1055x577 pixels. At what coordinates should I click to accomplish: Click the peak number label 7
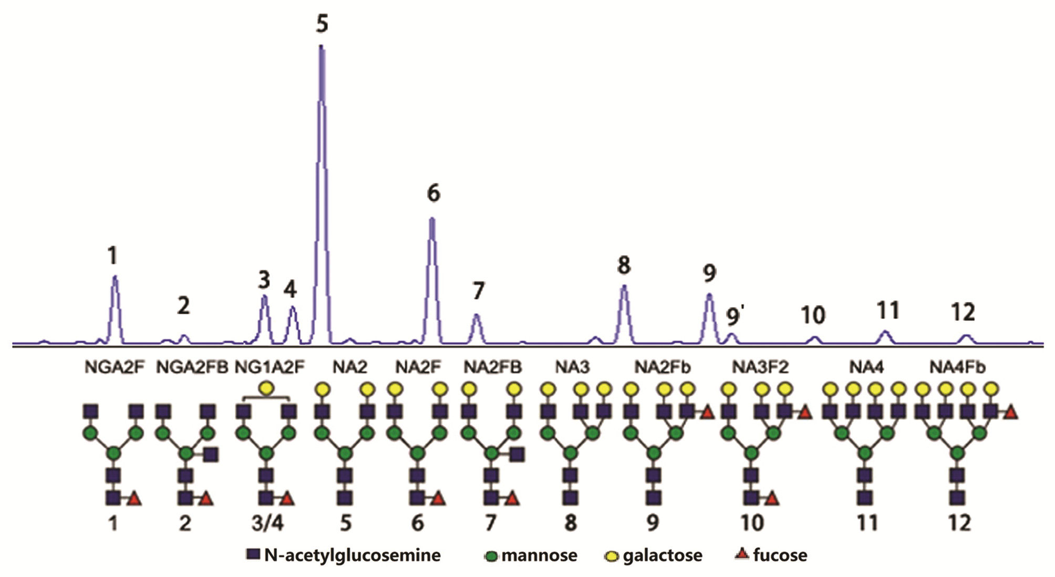pyautogui.click(x=478, y=291)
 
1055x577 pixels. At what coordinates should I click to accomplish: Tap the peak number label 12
pyautogui.click(x=964, y=313)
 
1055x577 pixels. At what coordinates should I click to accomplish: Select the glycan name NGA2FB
pyautogui.click(x=192, y=368)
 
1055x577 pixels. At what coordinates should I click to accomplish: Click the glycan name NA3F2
pyautogui.click(x=760, y=368)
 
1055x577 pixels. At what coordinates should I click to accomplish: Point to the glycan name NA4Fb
pyautogui.click(x=957, y=368)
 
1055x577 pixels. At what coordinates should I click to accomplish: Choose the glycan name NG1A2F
pyautogui.click(x=270, y=368)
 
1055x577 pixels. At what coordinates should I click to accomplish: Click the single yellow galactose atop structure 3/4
pyautogui.click(x=266, y=389)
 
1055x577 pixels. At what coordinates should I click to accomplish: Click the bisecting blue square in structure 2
pyautogui.click(x=211, y=454)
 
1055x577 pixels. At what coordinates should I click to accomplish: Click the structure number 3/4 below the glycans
pyautogui.click(x=267, y=523)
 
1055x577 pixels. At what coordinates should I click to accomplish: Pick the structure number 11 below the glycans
pyautogui.click(x=867, y=523)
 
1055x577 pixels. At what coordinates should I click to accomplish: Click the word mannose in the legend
pyautogui.click(x=539, y=555)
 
